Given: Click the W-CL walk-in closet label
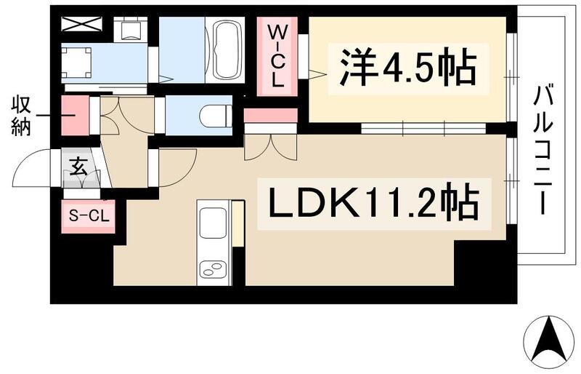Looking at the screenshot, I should point(277,57).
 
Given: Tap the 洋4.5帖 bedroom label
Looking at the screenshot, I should point(405,70).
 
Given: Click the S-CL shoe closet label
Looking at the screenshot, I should point(88,216).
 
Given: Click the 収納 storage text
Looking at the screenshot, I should point(20,116).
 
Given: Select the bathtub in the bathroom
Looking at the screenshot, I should point(227,50).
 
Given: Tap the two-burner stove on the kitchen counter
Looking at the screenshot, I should point(214,271).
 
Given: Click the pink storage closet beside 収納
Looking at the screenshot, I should point(73,115).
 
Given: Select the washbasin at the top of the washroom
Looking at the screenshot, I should point(131,29).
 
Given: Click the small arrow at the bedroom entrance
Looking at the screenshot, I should point(315,72).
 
